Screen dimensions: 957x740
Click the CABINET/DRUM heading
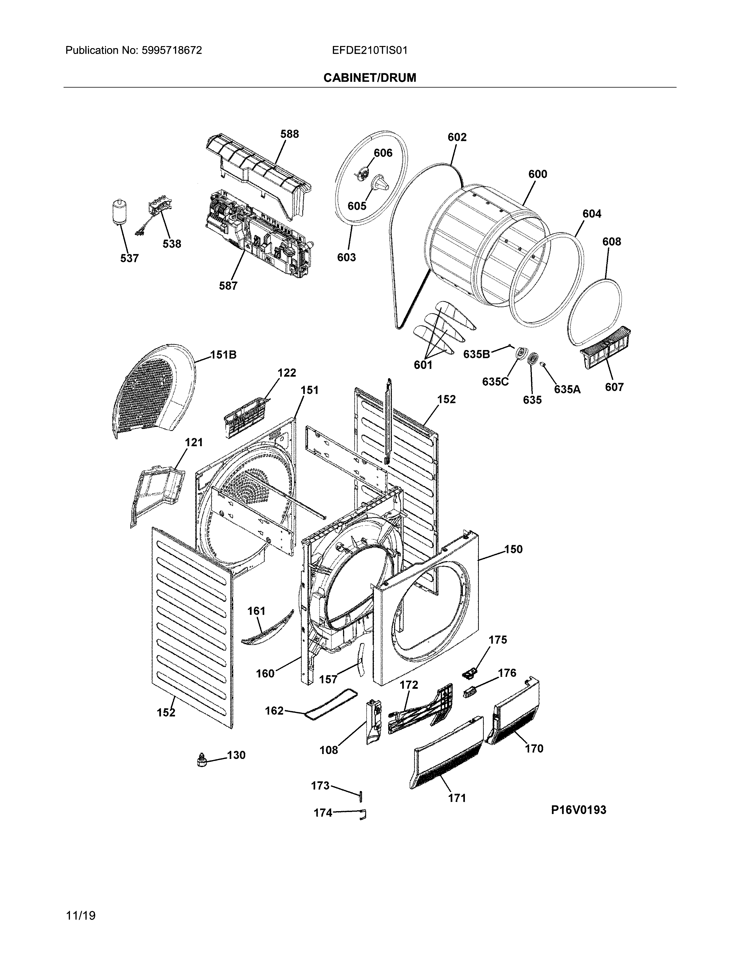coord(369,78)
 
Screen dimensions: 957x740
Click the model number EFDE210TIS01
coord(369,50)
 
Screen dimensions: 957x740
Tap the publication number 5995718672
coord(172,50)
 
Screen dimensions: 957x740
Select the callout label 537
coord(129,258)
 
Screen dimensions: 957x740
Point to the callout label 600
coord(537,174)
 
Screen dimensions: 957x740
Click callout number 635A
coord(567,389)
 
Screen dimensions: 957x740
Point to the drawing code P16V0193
coord(579,810)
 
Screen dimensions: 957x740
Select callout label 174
coord(323,813)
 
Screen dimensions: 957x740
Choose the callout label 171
coord(457,798)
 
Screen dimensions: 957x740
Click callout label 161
coord(257,610)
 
